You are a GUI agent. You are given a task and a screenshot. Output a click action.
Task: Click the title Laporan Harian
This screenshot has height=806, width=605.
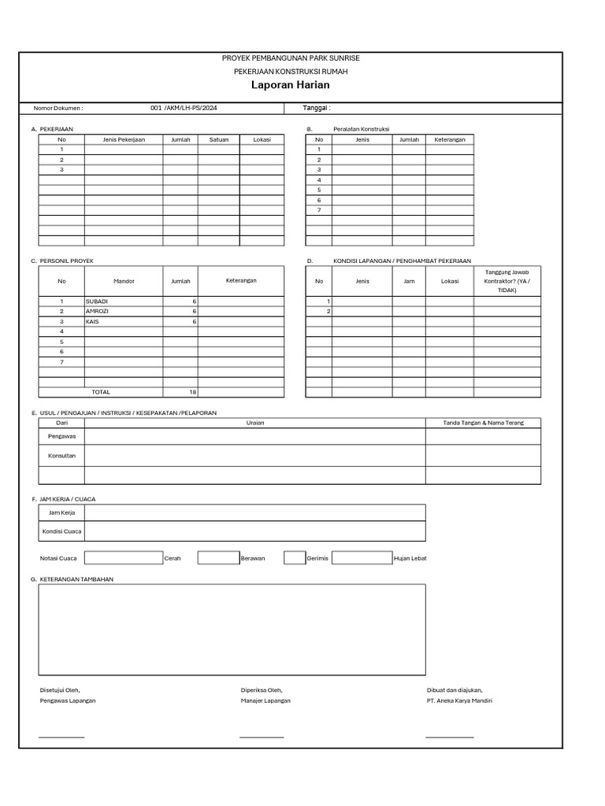(x=291, y=85)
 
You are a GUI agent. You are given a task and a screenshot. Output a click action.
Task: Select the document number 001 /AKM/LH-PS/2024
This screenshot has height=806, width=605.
(x=184, y=109)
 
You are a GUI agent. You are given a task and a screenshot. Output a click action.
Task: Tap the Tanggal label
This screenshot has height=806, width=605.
(x=317, y=109)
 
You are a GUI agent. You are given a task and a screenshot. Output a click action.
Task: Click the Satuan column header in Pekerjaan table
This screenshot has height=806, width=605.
(x=219, y=139)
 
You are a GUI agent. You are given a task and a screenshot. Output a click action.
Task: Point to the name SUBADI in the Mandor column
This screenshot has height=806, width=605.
(x=97, y=301)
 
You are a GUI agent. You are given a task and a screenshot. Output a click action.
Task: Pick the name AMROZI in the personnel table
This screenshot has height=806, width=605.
(x=98, y=312)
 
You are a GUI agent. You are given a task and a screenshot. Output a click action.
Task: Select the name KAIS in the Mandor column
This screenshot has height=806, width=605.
(x=93, y=322)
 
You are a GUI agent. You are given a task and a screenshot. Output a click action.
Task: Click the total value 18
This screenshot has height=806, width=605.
(x=192, y=392)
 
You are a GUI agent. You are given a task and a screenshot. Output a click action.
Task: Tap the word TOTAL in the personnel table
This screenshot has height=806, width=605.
(x=102, y=392)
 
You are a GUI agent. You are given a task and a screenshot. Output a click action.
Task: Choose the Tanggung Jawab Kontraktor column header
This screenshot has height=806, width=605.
(x=507, y=281)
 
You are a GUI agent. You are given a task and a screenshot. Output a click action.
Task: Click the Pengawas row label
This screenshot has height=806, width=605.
(x=62, y=436)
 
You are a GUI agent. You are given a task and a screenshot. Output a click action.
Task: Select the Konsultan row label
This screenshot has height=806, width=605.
(x=62, y=456)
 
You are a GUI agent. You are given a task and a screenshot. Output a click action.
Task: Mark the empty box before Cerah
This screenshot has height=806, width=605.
(x=123, y=558)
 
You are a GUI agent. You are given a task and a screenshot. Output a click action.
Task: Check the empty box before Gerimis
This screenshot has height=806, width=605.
(x=294, y=558)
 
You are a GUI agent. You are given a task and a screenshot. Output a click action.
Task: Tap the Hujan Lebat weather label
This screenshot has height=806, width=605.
(x=410, y=558)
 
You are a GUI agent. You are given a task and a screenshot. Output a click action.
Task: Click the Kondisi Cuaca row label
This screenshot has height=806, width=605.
(x=62, y=531)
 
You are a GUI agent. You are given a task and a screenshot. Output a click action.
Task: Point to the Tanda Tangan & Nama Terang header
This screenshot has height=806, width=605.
(x=483, y=423)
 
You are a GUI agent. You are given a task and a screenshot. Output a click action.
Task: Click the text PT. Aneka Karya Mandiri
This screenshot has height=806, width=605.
(x=459, y=701)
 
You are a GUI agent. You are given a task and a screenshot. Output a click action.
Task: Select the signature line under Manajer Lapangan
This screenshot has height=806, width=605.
(x=262, y=737)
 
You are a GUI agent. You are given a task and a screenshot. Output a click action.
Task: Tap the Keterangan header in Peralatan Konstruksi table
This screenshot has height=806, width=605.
(x=450, y=139)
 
